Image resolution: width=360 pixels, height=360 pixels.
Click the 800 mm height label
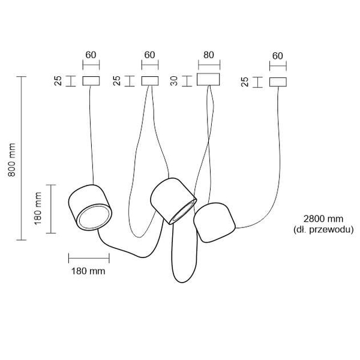point(12,160)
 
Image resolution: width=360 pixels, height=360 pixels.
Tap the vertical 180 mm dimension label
point(38,208)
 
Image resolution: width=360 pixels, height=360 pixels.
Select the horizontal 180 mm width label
point(88,271)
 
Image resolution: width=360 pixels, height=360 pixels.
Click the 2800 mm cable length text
point(323,219)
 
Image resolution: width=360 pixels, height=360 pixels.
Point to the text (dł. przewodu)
point(323,229)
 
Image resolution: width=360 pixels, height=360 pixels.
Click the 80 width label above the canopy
point(209,55)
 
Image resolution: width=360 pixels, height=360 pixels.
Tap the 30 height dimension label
point(175,81)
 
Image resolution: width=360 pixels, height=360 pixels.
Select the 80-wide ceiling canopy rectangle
point(208,79)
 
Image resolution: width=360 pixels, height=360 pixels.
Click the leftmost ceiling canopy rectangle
point(91,81)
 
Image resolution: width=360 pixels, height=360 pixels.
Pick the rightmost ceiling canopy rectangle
point(278,82)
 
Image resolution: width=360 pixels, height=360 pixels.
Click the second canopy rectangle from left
point(150,81)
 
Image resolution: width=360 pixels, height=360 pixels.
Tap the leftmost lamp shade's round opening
point(94,217)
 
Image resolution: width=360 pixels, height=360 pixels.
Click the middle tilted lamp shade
point(173,201)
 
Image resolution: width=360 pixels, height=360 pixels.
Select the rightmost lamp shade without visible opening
point(214,222)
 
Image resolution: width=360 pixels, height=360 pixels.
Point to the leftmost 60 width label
point(91,55)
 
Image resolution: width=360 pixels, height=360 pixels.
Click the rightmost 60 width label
point(278,56)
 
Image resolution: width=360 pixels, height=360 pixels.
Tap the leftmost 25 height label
point(58,81)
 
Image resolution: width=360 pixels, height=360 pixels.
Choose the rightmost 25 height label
point(245,82)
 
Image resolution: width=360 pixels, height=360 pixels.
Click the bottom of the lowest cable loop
point(182,283)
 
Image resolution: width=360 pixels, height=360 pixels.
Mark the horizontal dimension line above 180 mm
point(89,258)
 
